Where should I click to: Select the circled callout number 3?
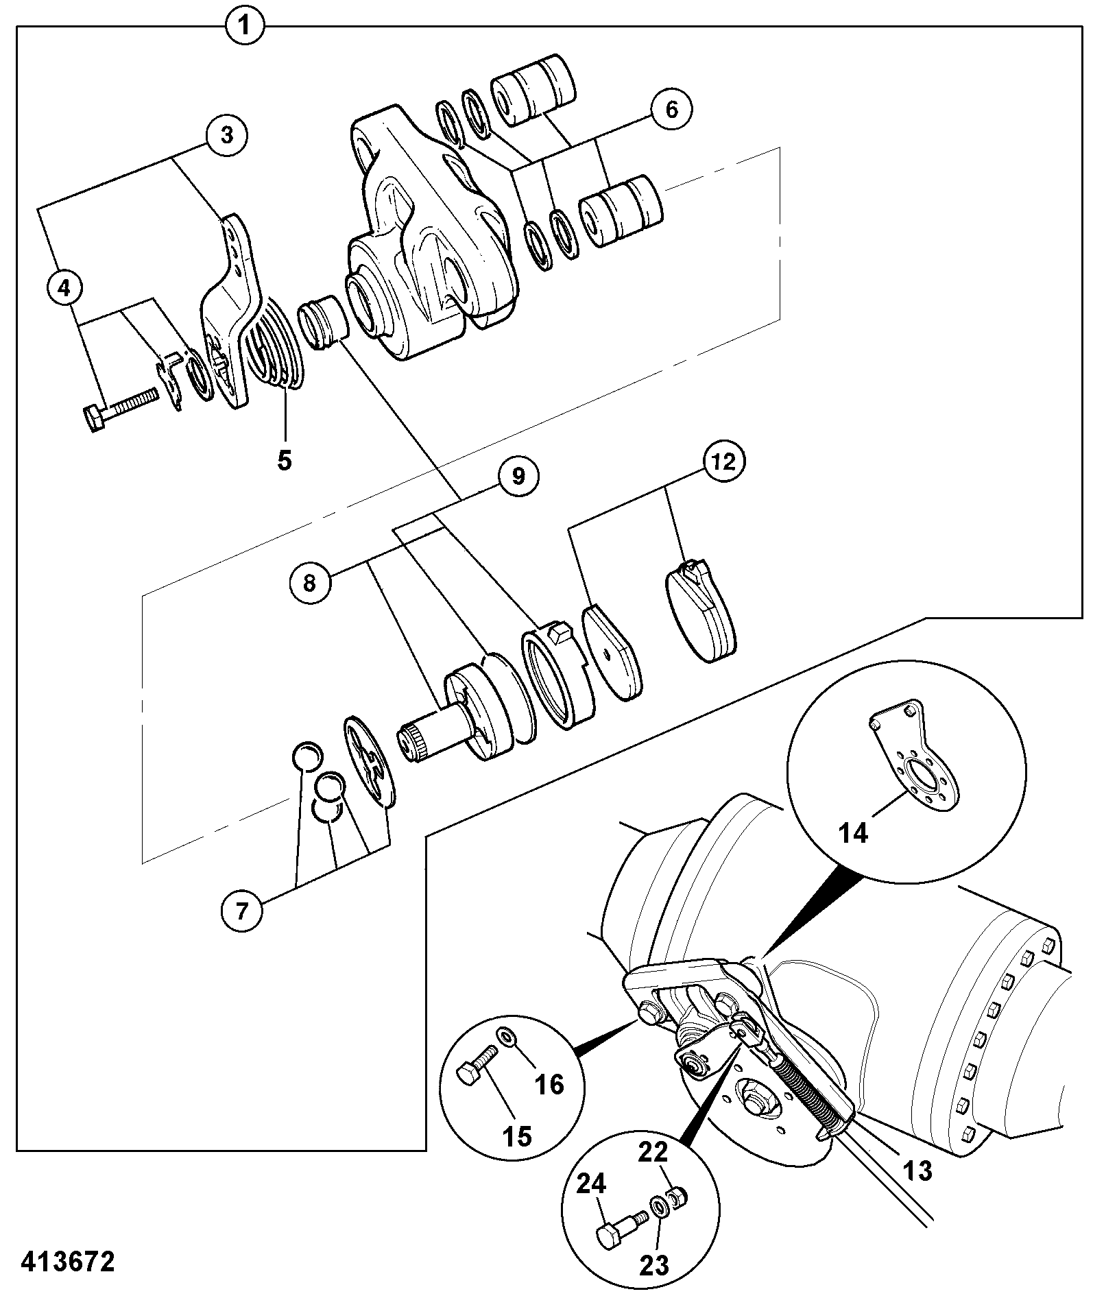click(x=226, y=135)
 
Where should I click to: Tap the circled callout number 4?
click(x=64, y=289)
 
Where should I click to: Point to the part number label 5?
click(x=284, y=460)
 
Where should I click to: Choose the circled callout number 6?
click(x=671, y=109)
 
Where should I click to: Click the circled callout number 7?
click(x=241, y=911)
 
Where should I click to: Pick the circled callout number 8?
click(x=310, y=584)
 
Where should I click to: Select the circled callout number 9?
click(x=518, y=475)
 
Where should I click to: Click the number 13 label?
click(x=917, y=1170)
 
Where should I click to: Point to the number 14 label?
click(x=854, y=833)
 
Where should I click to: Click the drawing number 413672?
click(x=67, y=1261)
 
